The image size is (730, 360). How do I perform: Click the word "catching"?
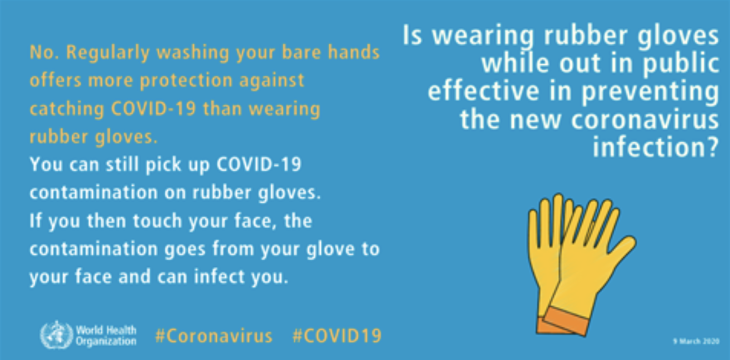point(67,109)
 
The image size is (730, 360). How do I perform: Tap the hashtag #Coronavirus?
point(213,336)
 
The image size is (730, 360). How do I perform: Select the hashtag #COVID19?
point(336,336)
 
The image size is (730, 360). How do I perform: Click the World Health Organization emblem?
point(56,334)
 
